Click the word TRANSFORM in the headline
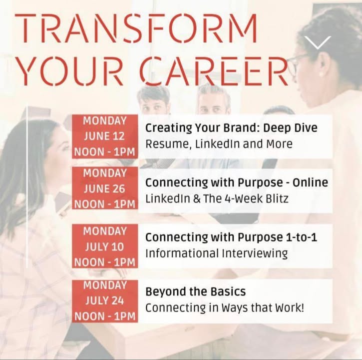(x=136, y=28)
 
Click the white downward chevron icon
(x=318, y=42)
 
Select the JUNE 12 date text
(x=104, y=136)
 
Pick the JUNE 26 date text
(x=104, y=189)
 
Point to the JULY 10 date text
(x=104, y=247)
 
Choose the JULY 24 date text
(x=104, y=300)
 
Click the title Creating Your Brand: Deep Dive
(x=231, y=128)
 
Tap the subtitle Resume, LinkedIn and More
(x=219, y=144)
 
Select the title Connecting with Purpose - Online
(x=237, y=182)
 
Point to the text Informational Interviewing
(x=217, y=253)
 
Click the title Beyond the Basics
(x=196, y=291)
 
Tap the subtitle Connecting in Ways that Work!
(x=225, y=308)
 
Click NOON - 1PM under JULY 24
(x=105, y=316)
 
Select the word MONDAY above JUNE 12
(x=105, y=120)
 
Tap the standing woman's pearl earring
(x=321, y=74)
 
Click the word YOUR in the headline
(x=70, y=71)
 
